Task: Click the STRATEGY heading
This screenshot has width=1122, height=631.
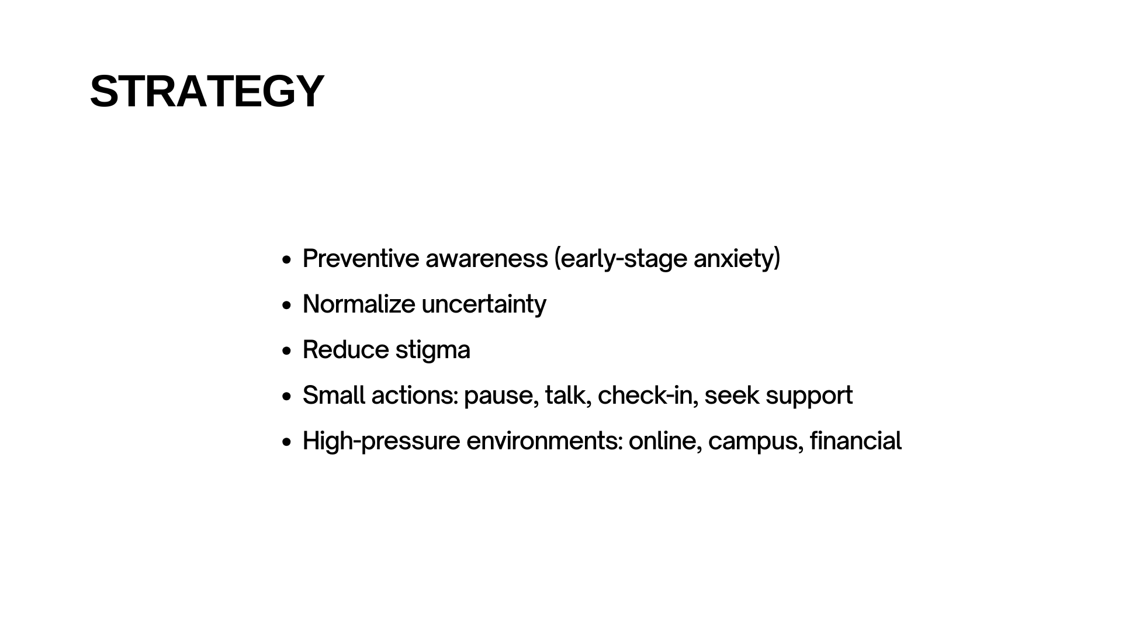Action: click(207, 91)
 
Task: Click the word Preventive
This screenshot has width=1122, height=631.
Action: click(361, 258)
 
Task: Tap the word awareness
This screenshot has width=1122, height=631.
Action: click(487, 258)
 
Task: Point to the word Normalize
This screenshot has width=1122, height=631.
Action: click(359, 304)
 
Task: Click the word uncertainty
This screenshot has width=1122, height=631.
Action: click(484, 304)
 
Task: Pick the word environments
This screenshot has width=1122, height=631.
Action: click(544, 441)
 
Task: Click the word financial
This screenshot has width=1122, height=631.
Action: click(856, 441)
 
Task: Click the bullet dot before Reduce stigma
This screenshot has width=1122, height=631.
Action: click(286, 351)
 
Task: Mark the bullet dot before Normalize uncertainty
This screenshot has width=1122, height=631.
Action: click(286, 305)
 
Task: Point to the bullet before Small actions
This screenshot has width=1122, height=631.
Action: click(286, 396)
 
